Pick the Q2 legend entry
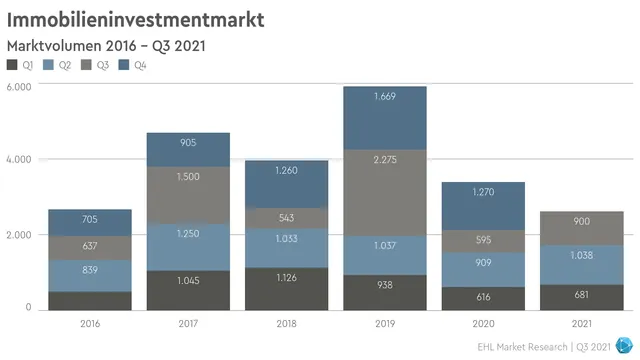tap(57, 65)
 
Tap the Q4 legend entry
tap(131, 65)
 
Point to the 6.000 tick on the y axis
tap(20, 87)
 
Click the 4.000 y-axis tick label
tap(20, 160)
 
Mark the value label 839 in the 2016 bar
tap(90, 271)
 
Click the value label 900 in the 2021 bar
tap(581, 221)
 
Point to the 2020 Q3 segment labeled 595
tap(483, 241)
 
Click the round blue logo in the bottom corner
tap(625, 344)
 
